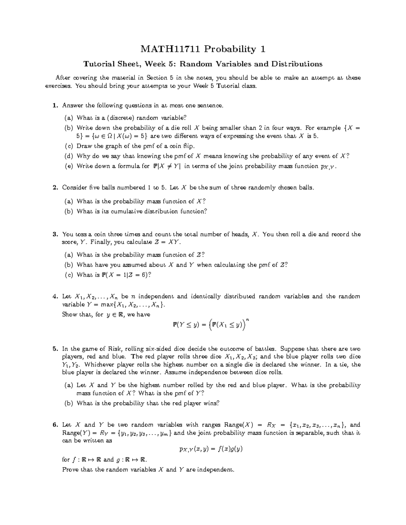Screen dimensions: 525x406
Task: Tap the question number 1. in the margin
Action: pos(55,105)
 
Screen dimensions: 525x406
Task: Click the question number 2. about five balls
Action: pos(55,188)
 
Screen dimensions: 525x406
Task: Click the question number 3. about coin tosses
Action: pos(55,234)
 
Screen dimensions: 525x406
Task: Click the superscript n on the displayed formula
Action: pos(248,319)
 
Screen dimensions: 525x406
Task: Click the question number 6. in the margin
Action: pos(55,425)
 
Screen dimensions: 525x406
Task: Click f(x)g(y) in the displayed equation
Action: pos(231,449)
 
